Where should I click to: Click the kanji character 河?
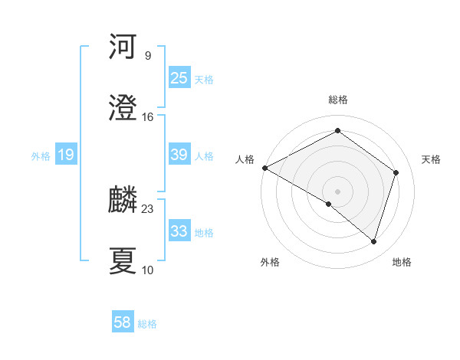pyautogui.click(x=123, y=47)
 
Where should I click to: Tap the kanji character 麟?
pyautogui.click(x=123, y=200)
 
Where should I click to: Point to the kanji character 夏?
pyautogui.click(x=123, y=261)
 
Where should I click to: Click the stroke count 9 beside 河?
pyautogui.click(x=147, y=56)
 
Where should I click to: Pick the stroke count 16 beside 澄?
pyautogui.click(x=148, y=117)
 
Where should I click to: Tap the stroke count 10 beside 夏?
pyautogui.click(x=148, y=270)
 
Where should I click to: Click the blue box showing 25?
pyautogui.click(x=179, y=78)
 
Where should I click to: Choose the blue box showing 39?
pyautogui.click(x=179, y=155)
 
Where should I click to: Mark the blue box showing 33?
pyautogui.click(x=179, y=231)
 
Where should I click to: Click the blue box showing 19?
pyautogui.click(x=66, y=155)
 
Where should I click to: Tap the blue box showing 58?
pyautogui.click(x=123, y=322)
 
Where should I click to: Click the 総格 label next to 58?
pyautogui.click(x=147, y=324)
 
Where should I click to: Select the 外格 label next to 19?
pyautogui.click(x=41, y=156)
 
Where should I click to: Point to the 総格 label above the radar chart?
pyautogui.click(x=337, y=100)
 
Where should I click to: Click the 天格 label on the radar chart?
pyautogui.click(x=431, y=159)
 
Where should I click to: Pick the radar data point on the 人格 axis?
pyautogui.click(x=264, y=167)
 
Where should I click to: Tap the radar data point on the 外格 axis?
pyautogui.click(x=329, y=204)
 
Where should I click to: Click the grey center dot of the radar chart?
pyautogui.click(x=337, y=191)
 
